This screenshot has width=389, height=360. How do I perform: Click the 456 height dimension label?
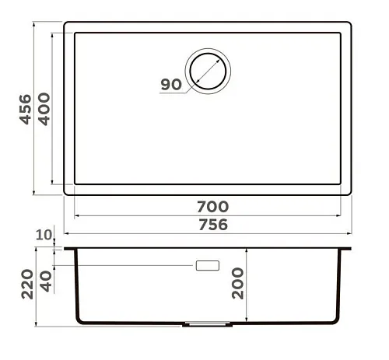coord(26,110)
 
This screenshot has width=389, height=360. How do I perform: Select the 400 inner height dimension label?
coord(44,109)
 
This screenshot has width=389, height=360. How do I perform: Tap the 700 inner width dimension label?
coord(212,207)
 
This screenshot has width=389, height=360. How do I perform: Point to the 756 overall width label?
coord(213,225)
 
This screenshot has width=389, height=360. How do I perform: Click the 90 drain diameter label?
coord(171,85)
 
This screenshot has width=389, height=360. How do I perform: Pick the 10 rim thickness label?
coord(44,235)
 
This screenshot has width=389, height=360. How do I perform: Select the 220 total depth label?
coord(27,285)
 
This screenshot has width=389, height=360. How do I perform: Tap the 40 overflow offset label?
coord(46,281)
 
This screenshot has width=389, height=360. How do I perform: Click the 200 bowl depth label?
coord(238,284)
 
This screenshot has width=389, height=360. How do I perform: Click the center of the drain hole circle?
coord(208,72)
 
